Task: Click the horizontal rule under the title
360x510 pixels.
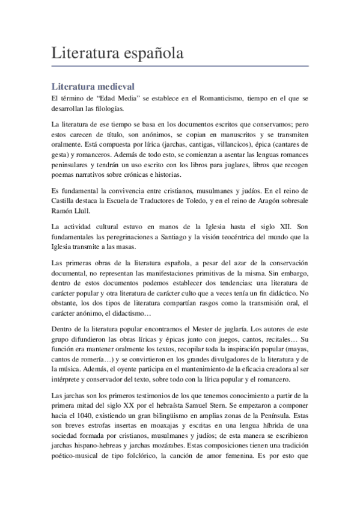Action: (x=180, y=65)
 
